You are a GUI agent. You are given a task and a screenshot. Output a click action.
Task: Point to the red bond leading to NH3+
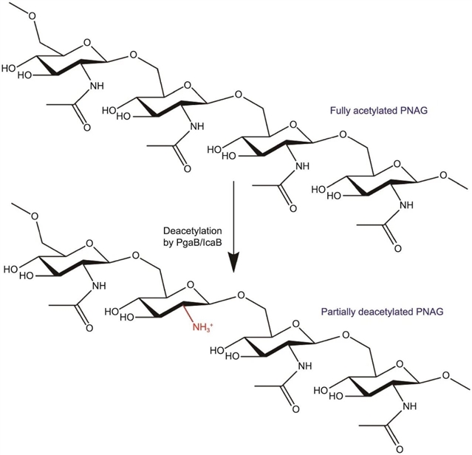pos(188,318)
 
